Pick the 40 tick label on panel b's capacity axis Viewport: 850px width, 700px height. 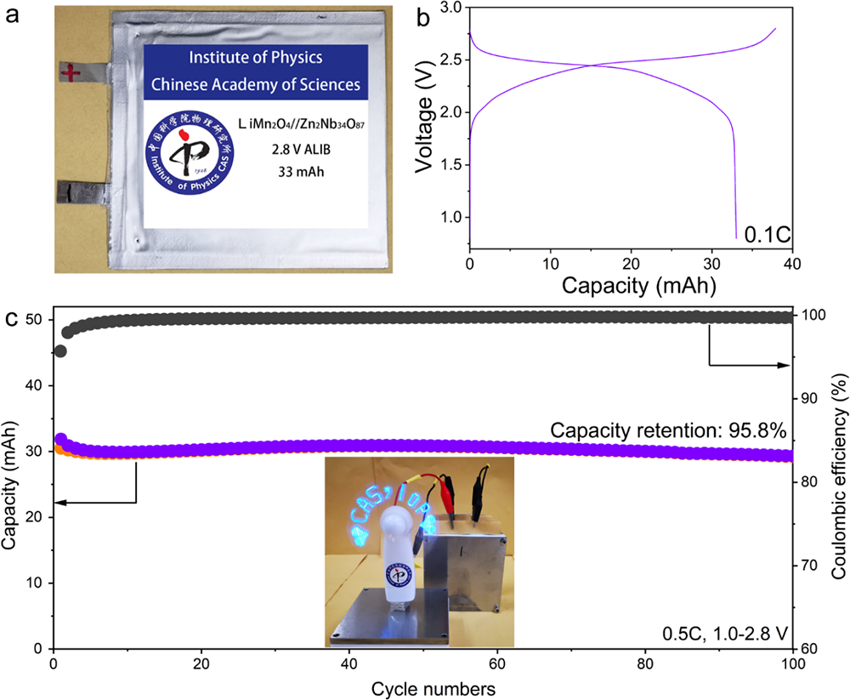coord(792,264)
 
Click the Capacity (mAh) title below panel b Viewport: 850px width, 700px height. coord(630,286)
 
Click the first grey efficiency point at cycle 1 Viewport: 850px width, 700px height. coord(60,351)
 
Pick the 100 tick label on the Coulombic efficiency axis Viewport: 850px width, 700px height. coord(813,316)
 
